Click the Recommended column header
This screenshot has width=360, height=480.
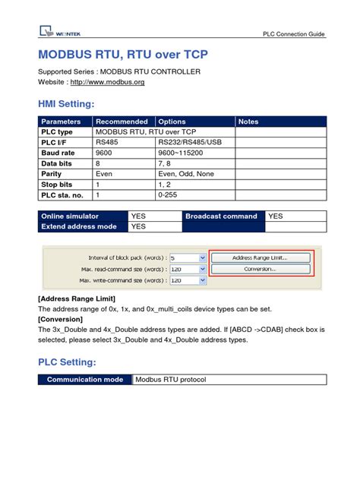[122, 122]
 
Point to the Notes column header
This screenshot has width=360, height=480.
[248, 122]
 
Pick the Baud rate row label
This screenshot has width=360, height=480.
[58, 153]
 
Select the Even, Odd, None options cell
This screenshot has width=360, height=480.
[187, 173]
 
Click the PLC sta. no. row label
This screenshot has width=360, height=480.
[62, 194]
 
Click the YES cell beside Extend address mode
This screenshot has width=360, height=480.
[138, 226]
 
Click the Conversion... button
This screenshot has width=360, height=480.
[260, 269]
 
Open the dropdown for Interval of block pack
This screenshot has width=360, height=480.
[202, 258]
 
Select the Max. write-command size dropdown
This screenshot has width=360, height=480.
[202, 280]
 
